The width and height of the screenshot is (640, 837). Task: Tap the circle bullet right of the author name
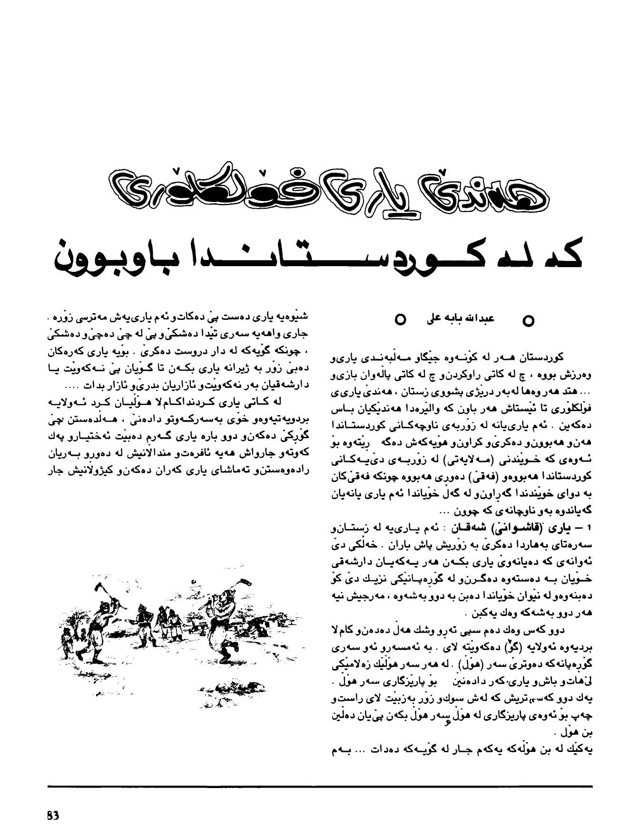pyautogui.click(x=527, y=321)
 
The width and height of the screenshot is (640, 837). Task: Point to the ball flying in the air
pyautogui.click(x=194, y=581)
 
